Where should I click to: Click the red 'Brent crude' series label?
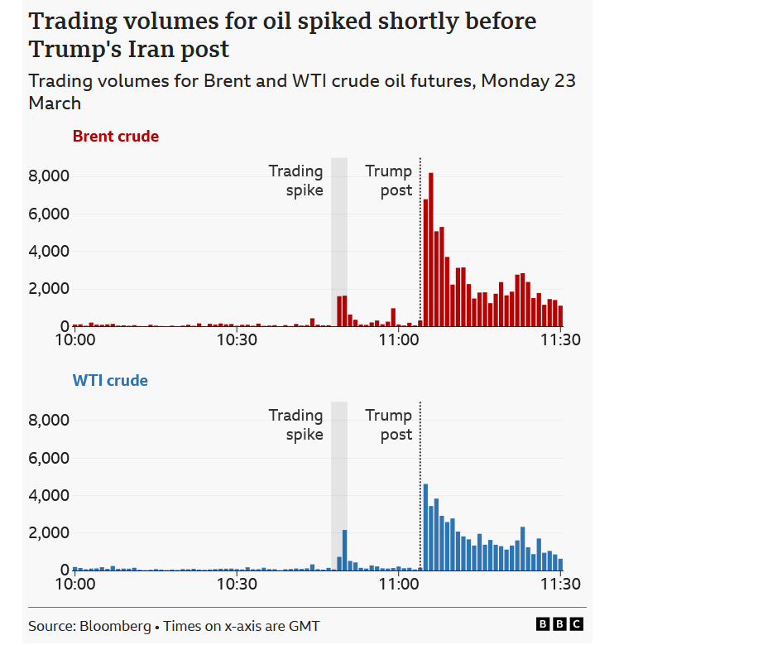tap(116, 137)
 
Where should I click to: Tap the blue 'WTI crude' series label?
tap(110, 381)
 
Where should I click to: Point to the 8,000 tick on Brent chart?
tap(49, 176)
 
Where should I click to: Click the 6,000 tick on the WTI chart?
tap(49, 458)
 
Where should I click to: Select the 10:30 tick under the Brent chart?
tap(236, 340)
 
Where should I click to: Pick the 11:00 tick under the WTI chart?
tap(398, 585)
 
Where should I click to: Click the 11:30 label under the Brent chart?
tap(560, 340)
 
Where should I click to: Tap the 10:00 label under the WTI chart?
tap(74, 585)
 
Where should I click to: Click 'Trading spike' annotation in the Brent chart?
tap(295, 181)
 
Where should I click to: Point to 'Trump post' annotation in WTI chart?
tap(389, 425)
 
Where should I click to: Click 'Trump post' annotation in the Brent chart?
tap(389, 181)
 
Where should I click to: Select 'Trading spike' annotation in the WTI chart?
tap(295, 425)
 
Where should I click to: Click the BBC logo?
tap(560, 624)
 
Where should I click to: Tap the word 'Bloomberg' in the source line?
tap(114, 626)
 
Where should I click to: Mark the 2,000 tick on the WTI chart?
tap(49, 532)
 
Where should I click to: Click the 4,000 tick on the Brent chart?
tap(49, 252)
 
